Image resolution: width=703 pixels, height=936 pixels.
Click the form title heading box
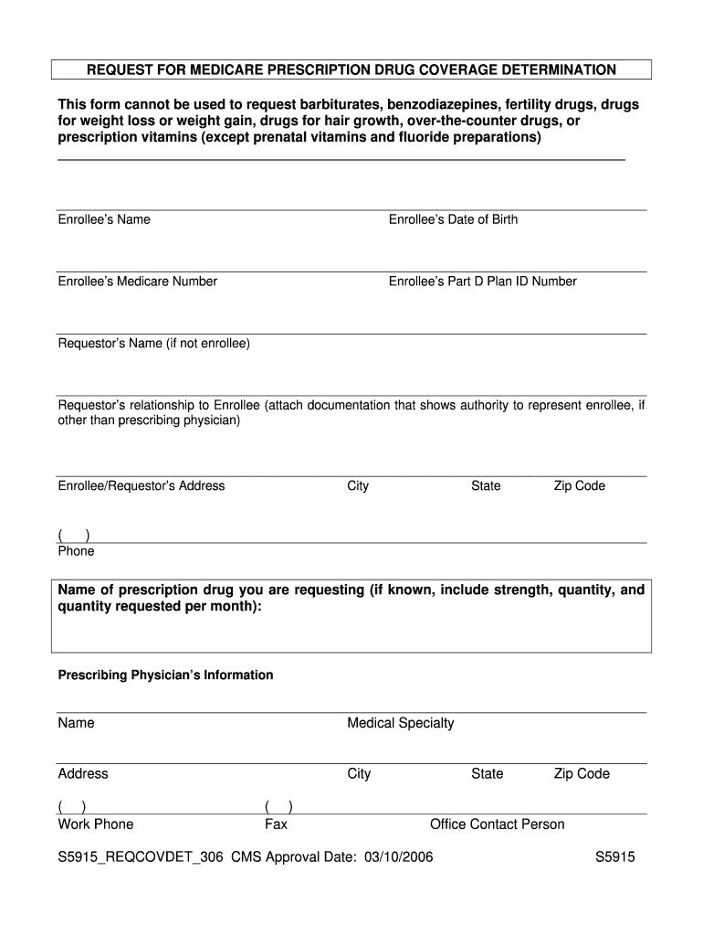(351, 69)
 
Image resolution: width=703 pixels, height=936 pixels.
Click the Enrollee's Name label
(104, 219)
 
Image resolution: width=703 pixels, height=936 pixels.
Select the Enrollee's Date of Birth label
(453, 219)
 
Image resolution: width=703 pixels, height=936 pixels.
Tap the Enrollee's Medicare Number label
(138, 282)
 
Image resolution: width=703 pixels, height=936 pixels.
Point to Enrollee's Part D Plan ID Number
(482, 282)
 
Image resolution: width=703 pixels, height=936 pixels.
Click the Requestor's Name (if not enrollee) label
(153, 344)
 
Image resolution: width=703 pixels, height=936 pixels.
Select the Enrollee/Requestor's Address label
(142, 486)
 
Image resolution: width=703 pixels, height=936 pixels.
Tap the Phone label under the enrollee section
(76, 551)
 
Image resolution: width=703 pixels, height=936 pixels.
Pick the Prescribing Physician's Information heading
(165, 675)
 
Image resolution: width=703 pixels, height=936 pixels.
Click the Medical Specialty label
(400, 723)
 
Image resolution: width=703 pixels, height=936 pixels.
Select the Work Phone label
(96, 824)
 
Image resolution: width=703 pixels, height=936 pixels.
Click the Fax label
(276, 824)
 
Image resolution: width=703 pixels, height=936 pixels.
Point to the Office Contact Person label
(497, 824)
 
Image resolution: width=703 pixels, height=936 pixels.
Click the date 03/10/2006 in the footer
(398, 857)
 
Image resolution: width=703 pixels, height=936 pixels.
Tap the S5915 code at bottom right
(614, 857)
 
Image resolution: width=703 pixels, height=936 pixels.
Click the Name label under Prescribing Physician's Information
(76, 723)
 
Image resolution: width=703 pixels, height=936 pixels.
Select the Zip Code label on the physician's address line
(582, 774)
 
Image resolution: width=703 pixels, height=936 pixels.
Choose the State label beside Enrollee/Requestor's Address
(486, 486)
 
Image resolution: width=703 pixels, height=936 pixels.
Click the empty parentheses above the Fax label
(278, 806)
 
